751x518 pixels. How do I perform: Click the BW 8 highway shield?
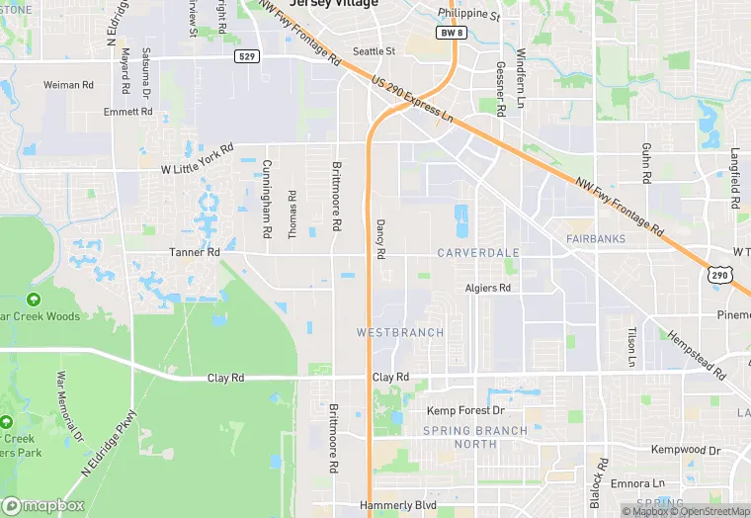point(451,33)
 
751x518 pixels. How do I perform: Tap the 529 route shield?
point(247,57)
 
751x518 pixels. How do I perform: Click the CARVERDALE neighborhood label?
point(478,253)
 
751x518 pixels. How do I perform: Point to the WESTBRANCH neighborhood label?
point(400,332)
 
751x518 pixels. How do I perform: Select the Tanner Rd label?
point(194,252)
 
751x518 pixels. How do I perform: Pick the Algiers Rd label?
point(488,288)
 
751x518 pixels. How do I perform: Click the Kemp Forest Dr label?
point(465,410)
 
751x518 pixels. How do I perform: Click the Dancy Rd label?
point(379,240)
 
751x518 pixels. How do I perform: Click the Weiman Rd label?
point(68,85)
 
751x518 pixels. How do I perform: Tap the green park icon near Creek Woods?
point(34,299)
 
